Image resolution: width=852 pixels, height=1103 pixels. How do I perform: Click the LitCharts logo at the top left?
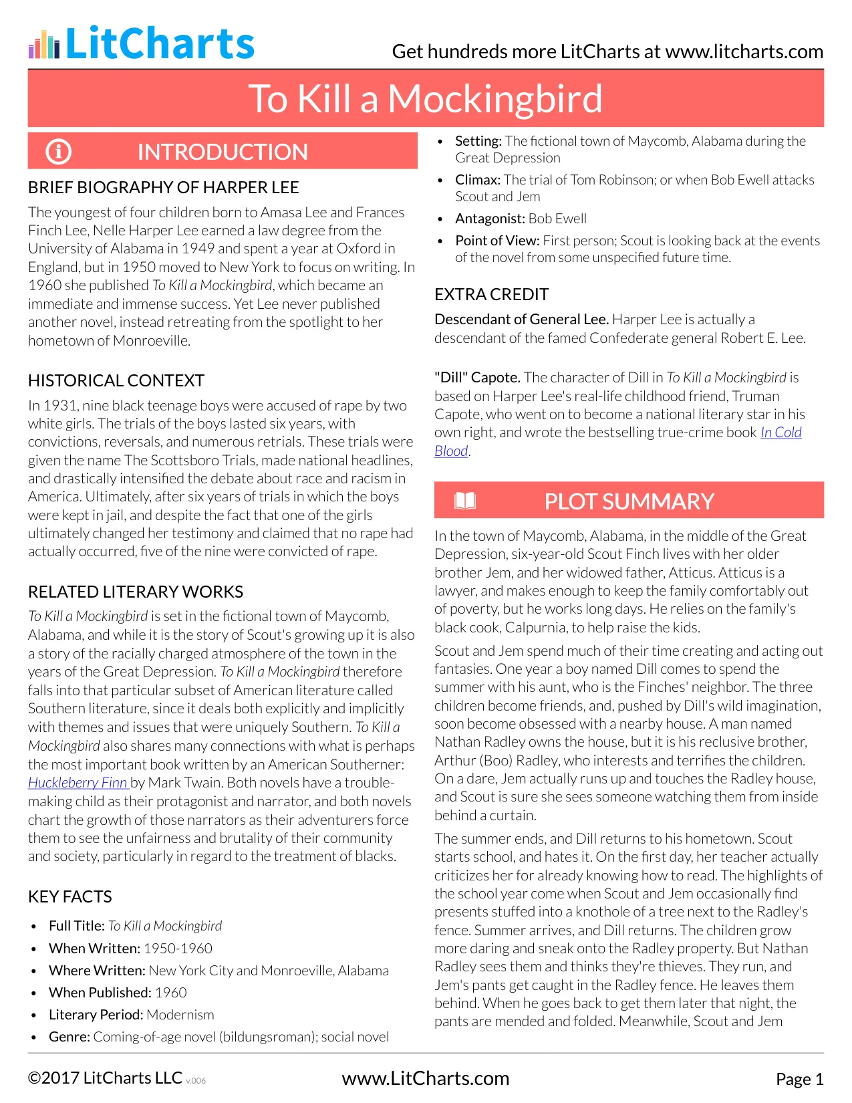(142, 43)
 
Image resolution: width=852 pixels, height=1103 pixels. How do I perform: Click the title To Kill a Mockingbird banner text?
(425, 99)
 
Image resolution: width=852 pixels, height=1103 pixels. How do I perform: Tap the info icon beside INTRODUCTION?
(58, 152)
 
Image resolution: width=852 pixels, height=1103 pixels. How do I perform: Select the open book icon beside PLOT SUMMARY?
(464, 501)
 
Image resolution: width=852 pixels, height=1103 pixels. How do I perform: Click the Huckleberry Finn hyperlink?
(78, 783)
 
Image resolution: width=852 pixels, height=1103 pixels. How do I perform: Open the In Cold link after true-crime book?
(780, 433)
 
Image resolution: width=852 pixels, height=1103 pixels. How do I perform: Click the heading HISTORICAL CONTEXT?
(116, 380)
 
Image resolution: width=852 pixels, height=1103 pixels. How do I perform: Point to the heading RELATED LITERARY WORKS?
(136, 592)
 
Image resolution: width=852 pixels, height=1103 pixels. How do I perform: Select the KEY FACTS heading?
(70, 896)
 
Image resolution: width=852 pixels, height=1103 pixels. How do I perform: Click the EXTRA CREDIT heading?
(491, 294)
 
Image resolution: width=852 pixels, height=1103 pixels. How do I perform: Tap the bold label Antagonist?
(490, 219)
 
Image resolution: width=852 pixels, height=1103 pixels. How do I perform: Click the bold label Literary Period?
(96, 1015)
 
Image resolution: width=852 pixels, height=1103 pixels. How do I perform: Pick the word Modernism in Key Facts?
(180, 1015)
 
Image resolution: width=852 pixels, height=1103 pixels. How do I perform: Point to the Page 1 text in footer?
(799, 1079)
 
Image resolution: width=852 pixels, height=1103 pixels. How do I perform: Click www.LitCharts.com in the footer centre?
(425, 1078)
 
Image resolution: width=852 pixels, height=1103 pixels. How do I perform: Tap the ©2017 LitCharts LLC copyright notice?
(105, 1078)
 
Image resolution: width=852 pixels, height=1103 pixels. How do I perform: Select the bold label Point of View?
(497, 241)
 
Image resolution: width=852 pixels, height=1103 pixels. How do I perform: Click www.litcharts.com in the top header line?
(744, 51)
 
